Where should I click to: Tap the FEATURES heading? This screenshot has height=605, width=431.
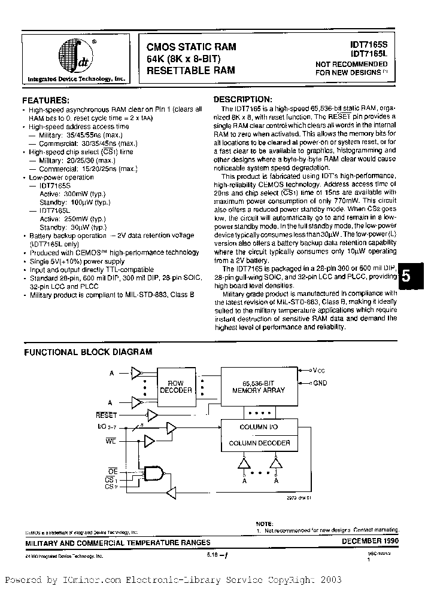pos(45,100)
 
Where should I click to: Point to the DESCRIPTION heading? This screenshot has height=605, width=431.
pos(243,99)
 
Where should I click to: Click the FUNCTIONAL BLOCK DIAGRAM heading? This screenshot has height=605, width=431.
pos(88,352)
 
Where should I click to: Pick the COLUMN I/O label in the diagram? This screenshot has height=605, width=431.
pos(258,427)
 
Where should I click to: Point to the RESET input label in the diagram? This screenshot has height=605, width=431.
pos(107,414)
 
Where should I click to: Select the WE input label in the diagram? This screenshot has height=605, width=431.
pos(111,441)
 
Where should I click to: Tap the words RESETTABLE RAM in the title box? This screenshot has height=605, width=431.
pos(191,70)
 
